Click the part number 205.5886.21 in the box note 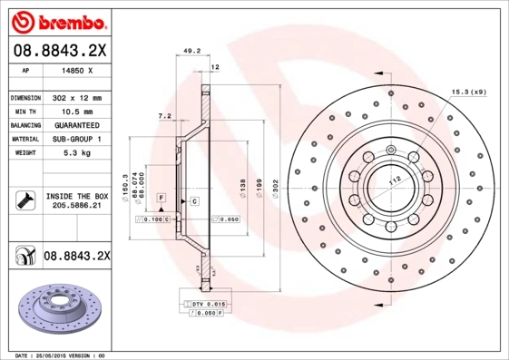pos(75,207)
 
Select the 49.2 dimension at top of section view pos(191,52)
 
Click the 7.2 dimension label pos(164,116)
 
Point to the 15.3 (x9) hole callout pos(468,92)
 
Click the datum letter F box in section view pos(161,197)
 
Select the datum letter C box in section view pos(193,199)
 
